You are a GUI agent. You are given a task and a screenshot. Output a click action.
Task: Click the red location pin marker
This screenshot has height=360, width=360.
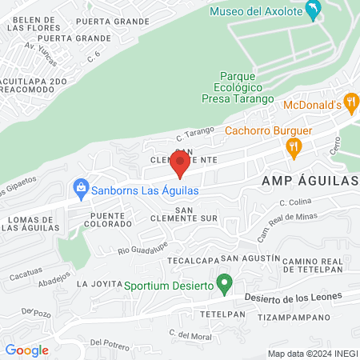[x=180, y=162]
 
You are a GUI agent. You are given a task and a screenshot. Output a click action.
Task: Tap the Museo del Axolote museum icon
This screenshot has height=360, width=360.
[x=314, y=11]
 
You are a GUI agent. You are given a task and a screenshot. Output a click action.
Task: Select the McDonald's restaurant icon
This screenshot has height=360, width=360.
[x=350, y=103]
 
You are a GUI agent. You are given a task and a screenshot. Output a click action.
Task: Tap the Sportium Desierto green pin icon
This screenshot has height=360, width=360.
[x=226, y=283]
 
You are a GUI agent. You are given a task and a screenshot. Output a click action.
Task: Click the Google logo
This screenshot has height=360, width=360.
[x=26, y=350]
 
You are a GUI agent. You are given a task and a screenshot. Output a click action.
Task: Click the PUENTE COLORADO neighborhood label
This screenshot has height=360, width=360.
[x=107, y=220]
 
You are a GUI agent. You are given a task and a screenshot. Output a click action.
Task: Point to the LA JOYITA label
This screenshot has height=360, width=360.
[x=98, y=284]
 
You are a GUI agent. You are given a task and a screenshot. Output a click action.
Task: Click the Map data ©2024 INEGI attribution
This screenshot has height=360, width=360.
[x=312, y=354]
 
